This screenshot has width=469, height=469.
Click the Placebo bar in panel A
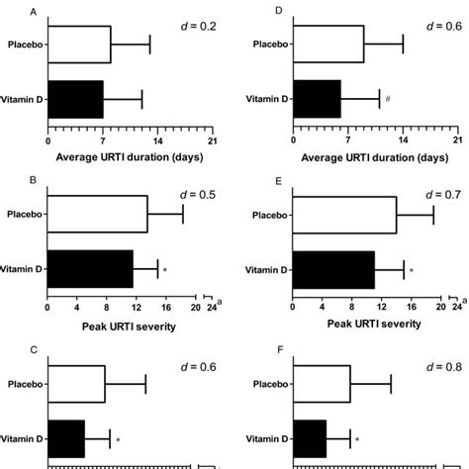click(x=79, y=45)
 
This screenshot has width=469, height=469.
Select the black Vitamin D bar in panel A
click(x=75, y=99)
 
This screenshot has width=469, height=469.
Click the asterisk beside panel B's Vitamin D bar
click(x=165, y=269)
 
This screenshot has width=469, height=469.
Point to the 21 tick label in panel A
click(x=213, y=140)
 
